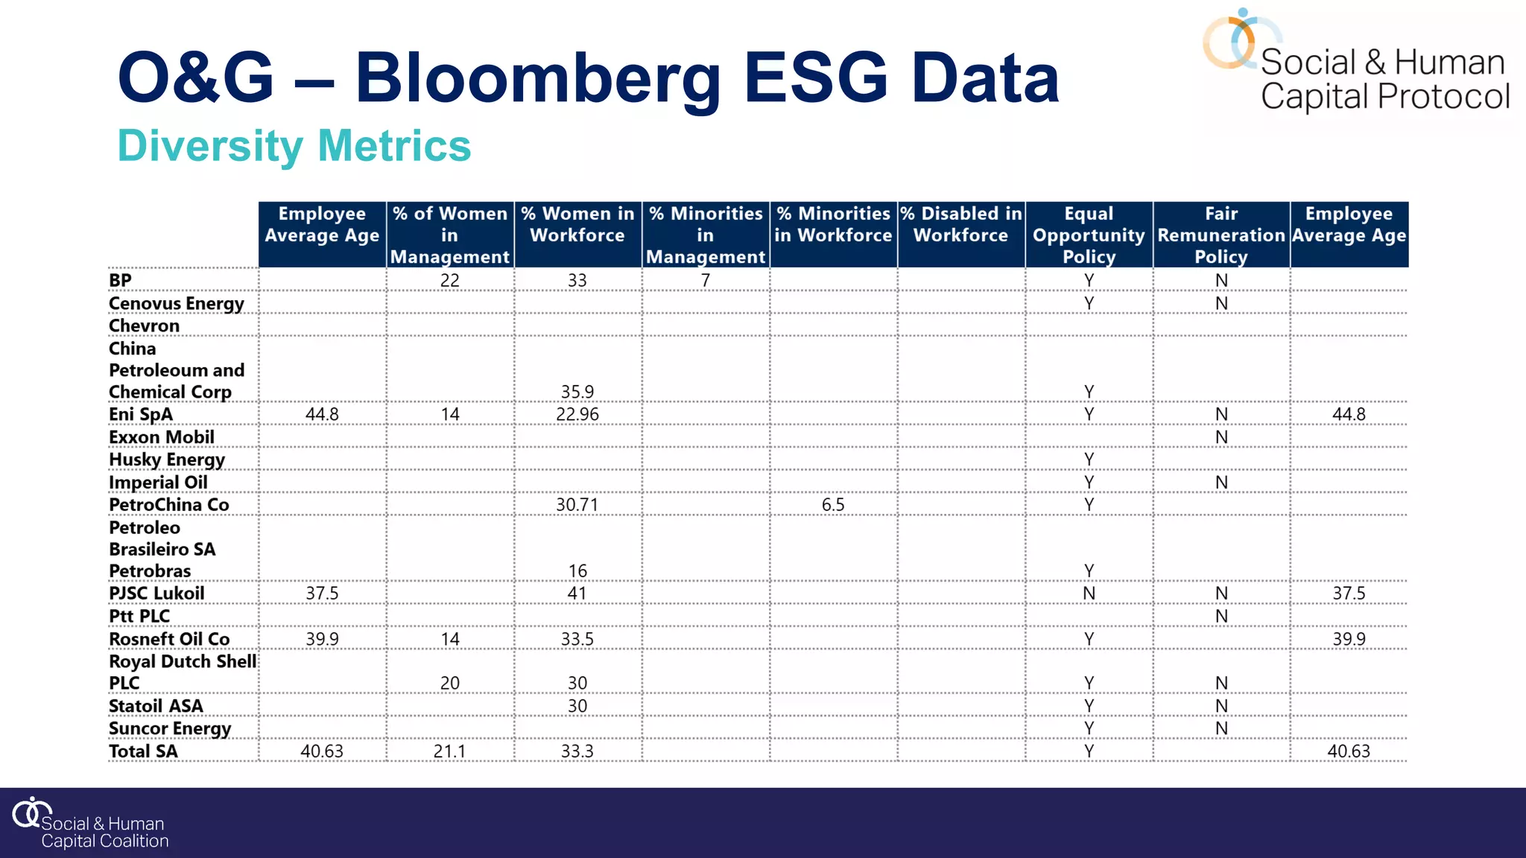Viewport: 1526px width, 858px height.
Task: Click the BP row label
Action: (x=120, y=281)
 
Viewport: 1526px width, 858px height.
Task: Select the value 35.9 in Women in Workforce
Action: (x=577, y=392)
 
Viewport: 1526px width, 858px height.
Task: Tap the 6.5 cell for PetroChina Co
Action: (x=832, y=505)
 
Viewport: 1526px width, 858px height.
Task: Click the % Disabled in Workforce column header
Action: (x=960, y=225)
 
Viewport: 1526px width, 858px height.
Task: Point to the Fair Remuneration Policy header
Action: (x=1221, y=235)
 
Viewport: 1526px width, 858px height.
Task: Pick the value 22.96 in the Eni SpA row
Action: (x=577, y=415)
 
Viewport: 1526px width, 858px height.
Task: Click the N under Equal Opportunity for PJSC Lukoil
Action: (x=1089, y=594)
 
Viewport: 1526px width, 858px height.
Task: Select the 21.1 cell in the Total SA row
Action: (x=449, y=751)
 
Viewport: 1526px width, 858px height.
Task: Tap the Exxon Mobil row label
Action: (x=161, y=437)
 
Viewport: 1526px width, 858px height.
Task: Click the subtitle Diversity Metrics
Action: (x=294, y=146)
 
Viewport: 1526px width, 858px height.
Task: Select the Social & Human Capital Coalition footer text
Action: (x=104, y=832)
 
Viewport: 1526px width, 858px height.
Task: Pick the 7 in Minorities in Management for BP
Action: (x=705, y=281)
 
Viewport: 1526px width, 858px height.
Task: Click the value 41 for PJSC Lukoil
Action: (x=577, y=594)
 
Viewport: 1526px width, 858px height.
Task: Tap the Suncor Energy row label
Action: (x=169, y=728)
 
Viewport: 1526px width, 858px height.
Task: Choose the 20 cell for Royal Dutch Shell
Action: (x=449, y=683)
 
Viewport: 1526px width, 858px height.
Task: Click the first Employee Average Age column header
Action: (x=322, y=225)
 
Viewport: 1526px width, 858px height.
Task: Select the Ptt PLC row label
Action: (x=139, y=617)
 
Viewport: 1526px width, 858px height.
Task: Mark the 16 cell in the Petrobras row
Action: (x=577, y=571)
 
